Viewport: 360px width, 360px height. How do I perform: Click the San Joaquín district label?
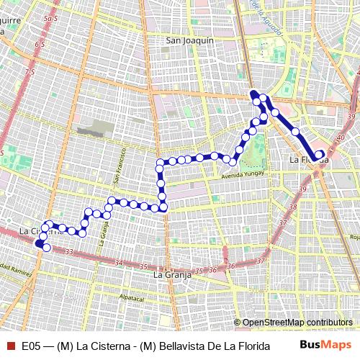pyautogui.click(x=190, y=41)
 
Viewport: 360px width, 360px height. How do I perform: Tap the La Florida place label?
pyautogui.click(x=308, y=158)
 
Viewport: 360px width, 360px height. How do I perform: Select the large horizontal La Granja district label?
pyautogui.click(x=171, y=274)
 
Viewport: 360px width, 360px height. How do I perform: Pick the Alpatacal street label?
pyautogui.click(x=132, y=296)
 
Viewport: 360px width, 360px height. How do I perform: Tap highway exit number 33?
pyautogui.click(x=68, y=251)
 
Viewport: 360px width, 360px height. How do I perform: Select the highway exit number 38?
pyautogui.click(x=293, y=207)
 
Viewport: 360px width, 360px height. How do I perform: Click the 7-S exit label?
pyautogui.click(x=30, y=72)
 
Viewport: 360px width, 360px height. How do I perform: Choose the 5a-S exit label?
pyautogui.click(x=50, y=17)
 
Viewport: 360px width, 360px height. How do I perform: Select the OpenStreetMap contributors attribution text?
pyautogui.click(x=297, y=323)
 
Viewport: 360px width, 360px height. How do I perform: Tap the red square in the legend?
pyautogui.click(x=11, y=346)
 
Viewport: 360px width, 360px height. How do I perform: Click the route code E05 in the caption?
pyautogui.click(x=32, y=346)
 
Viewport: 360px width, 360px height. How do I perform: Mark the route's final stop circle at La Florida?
pyautogui.click(x=319, y=153)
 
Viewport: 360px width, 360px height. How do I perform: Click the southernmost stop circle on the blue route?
pyautogui.click(x=47, y=248)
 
